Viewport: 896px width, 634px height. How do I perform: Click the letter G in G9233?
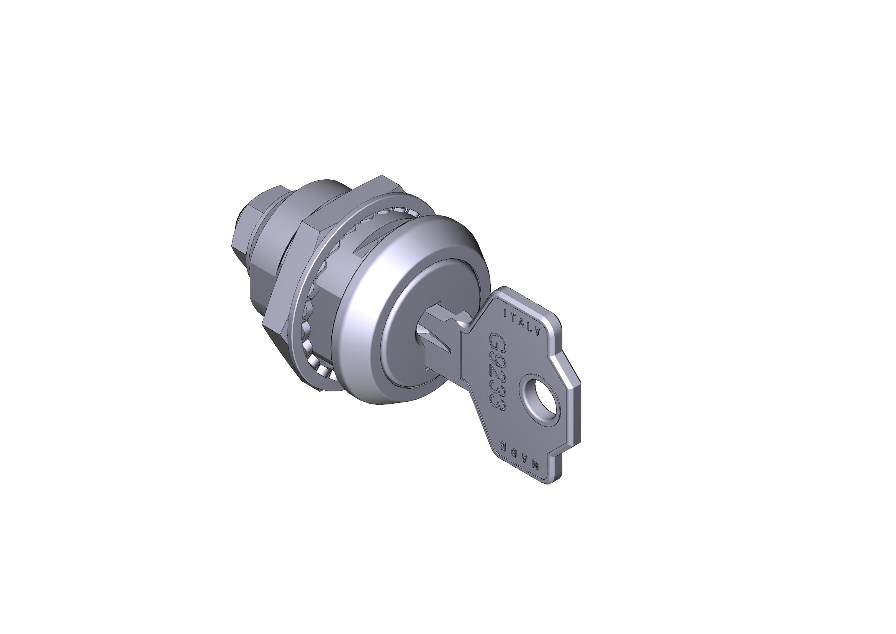[496, 340]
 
